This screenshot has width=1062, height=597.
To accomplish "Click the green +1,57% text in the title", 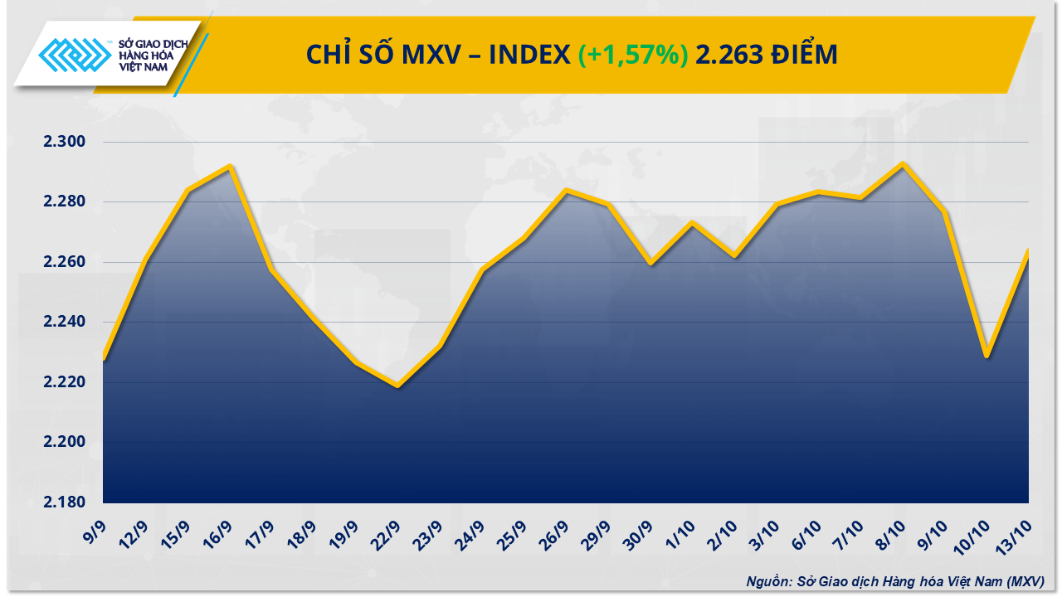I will tap(633, 55).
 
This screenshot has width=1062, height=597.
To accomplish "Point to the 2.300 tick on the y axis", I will tap(65, 142).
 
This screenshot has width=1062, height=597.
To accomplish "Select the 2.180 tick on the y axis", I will tap(65, 502).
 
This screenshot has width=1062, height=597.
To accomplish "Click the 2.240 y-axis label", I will tap(65, 322).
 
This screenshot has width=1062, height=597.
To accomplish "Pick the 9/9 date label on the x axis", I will tap(95, 529).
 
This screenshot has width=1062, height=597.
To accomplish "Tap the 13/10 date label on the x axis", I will tap(1018, 530).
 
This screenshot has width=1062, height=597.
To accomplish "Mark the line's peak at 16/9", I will tap(230, 166).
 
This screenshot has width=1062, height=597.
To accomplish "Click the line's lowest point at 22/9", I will tap(398, 386).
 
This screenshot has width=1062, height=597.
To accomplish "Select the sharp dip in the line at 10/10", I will tap(986, 356).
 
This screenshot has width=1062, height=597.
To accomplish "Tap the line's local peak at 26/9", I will tap(566, 190).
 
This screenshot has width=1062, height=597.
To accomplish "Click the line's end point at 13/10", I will tap(1028, 251).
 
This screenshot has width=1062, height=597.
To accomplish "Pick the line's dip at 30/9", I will tap(650, 264).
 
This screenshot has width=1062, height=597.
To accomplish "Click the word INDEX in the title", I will tap(528, 55).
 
